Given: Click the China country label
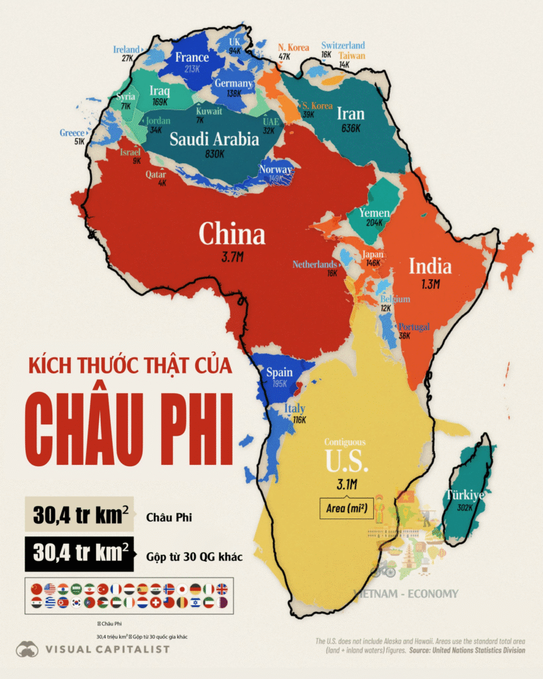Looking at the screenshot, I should [x=232, y=234].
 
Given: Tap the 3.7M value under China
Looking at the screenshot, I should [x=232, y=257].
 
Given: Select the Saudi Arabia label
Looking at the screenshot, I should [x=214, y=139].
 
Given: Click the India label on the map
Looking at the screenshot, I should [x=430, y=267].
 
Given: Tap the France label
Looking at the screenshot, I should [x=192, y=57].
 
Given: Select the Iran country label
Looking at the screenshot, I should [x=351, y=113].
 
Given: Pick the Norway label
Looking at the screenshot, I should [x=275, y=169].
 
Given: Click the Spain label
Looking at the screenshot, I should [x=279, y=373].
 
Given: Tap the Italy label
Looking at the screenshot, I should [x=295, y=408].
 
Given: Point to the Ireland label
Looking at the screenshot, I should [x=126, y=50].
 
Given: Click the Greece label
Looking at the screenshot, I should [x=72, y=133].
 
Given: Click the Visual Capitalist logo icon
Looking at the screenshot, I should [x=27, y=649].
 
